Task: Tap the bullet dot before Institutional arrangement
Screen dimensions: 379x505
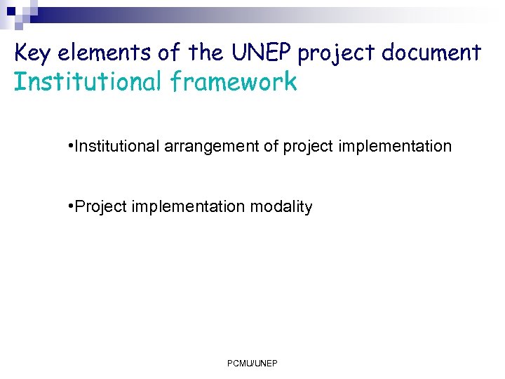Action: coord(72,145)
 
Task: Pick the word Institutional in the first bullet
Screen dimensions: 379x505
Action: coord(117,146)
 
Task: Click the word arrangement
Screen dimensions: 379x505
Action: coord(211,147)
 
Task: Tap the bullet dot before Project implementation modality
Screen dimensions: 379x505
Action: coord(72,206)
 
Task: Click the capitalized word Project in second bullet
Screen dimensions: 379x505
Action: coord(98,207)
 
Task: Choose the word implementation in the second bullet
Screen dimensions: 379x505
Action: coord(184,207)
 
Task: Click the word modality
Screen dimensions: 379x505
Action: coord(279,207)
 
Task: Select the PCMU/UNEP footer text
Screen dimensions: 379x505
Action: coord(252,363)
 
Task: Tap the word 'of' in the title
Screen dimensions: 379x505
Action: coord(165,53)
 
